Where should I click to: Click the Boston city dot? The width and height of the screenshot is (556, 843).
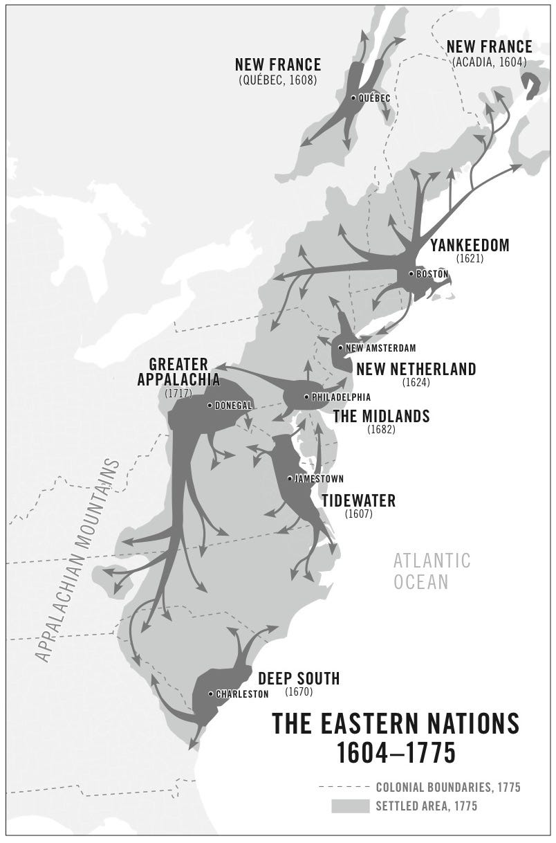tap(411, 274)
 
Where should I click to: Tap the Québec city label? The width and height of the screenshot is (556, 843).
tap(374, 98)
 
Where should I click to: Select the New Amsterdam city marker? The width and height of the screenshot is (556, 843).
tap(340, 347)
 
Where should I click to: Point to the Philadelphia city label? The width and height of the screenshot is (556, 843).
tap(341, 397)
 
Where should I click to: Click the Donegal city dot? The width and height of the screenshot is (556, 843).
tap(210, 406)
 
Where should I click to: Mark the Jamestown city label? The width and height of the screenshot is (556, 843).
tap(319, 479)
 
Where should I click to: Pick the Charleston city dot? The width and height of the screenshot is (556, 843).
tap(211, 694)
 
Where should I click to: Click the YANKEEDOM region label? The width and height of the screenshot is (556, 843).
tap(470, 246)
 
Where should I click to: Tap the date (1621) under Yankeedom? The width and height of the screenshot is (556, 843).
tap(470, 260)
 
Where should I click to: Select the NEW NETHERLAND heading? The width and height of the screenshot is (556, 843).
tap(416, 369)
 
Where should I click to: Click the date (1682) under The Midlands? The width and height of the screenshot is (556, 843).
tap(381, 430)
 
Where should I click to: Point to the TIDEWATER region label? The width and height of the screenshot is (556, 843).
tap(358, 500)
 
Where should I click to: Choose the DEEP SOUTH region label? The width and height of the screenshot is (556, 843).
tap(299, 678)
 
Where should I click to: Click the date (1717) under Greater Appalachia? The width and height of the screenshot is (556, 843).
tap(178, 393)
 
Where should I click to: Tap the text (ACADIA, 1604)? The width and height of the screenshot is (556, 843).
tap(489, 62)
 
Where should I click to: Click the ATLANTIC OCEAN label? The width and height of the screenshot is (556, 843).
tap(432, 571)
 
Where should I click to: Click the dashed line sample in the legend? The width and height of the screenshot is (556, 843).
tap(343, 788)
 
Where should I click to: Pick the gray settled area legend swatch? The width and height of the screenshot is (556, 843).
tap(350, 806)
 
